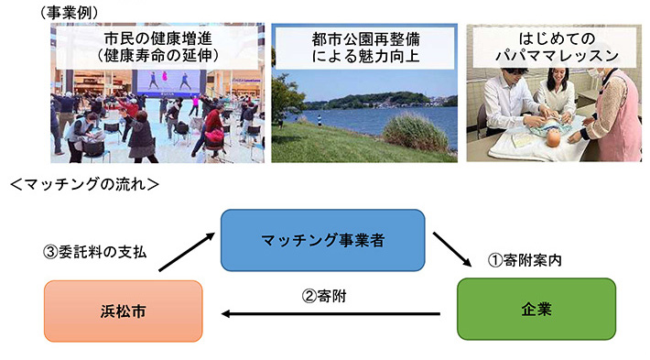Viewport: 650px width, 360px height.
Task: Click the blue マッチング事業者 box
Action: coord(322,241)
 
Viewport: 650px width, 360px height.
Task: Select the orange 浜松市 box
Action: coord(123,311)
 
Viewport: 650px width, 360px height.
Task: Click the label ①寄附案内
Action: coord(524,259)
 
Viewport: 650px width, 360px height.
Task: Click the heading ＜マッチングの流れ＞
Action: coord(84,185)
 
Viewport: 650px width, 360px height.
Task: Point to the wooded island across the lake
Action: coord(375,98)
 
